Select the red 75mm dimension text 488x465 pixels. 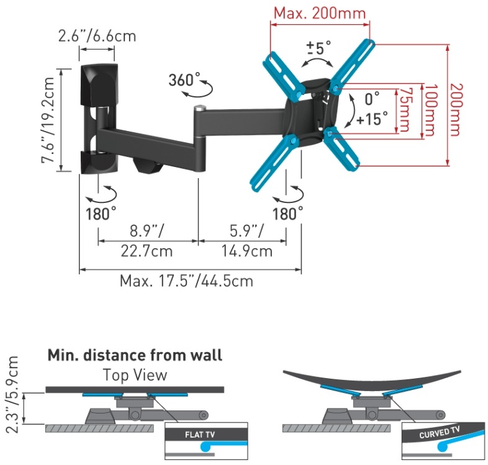point(405,109)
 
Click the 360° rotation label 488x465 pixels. point(184,79)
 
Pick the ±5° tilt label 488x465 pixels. point(318,48)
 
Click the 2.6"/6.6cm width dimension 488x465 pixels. point(97,35)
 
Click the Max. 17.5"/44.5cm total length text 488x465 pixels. point(187,281)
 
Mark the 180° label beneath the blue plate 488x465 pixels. point(288,214)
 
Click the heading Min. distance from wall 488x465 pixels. point(135,356)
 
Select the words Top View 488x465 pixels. point(135,374)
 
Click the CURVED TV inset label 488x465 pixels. point(441,431)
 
